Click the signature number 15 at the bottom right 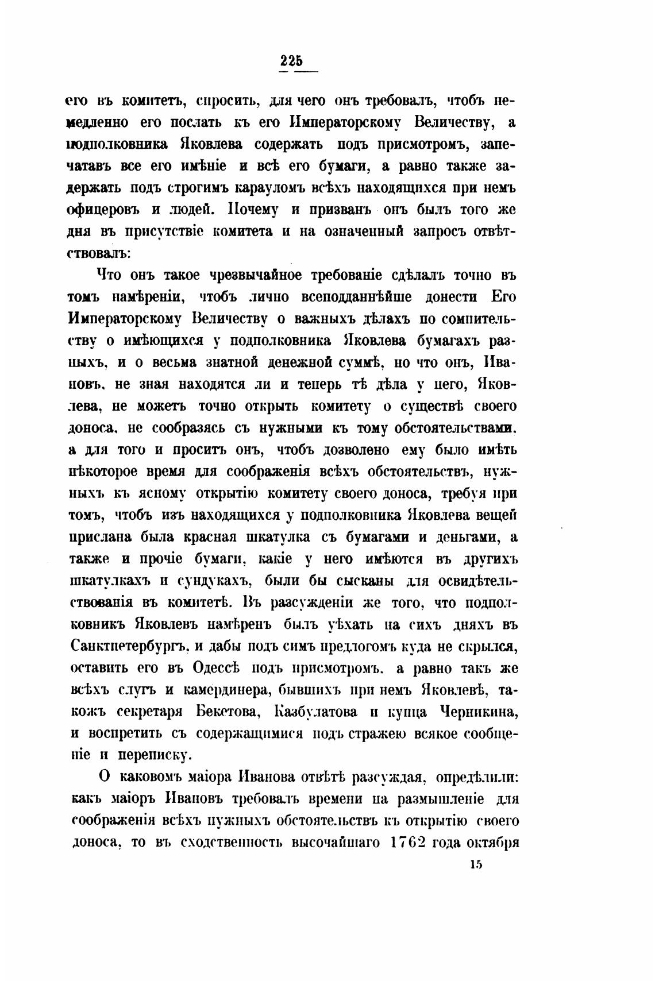(x=475, y=866)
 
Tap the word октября (x=494, y=842)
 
